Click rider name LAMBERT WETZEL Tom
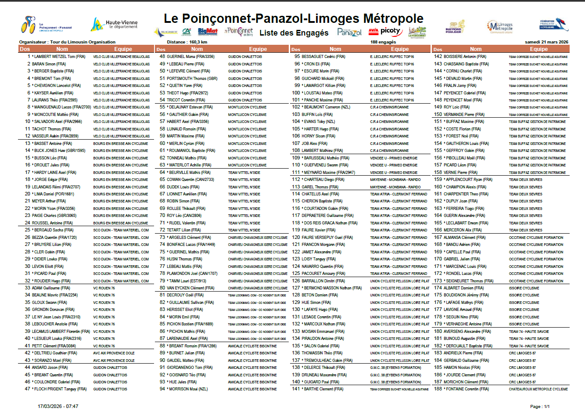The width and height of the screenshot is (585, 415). coord(60,57)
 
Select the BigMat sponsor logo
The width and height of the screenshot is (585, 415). coord(208,31)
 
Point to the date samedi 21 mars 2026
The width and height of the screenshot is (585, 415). coord(546,42)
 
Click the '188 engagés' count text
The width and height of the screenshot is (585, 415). coord(383,42)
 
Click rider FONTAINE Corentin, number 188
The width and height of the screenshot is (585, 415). coord(462,389)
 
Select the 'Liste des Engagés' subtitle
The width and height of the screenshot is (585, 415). coord(294,33)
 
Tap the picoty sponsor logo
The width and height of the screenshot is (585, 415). coord(390,31)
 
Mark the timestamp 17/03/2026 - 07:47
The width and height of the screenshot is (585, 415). coord(58,406)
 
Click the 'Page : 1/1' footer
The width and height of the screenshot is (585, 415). coord(540,406)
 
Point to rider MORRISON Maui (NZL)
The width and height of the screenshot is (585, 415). coord(188,389)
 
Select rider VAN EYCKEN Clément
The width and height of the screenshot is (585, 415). coord(190,288)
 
